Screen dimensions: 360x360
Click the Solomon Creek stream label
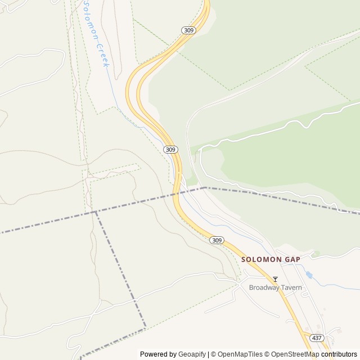coord(95,34)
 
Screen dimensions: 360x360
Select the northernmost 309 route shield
coord(188,30)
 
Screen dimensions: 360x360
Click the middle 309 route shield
coord(171,150)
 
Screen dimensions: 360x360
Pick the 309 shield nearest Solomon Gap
coord(217,240)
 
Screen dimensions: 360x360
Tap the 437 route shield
coord(317,338)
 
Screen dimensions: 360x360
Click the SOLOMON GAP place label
coord(271,259)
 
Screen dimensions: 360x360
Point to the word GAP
coord(292,259)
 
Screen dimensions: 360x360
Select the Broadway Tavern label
coord(276,287)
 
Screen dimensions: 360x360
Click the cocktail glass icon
coord(275,279)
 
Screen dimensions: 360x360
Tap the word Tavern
coord(291,287)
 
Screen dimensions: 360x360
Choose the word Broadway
coord(264,287)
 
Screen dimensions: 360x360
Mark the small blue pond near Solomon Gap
coord(309,275)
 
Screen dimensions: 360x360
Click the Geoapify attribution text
coord(192,354)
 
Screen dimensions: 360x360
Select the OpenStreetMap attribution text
coord(293,354)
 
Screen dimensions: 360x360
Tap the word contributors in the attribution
coord(339,354)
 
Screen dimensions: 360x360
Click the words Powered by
coord(158,354)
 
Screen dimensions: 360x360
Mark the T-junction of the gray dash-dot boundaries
coord(96,211)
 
